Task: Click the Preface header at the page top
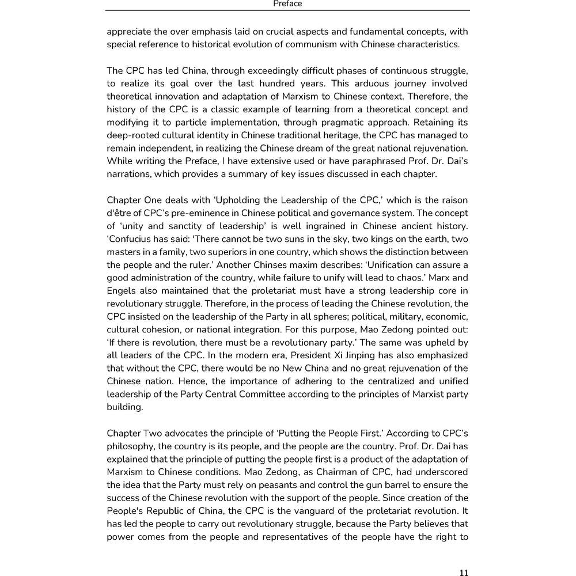(287, 4)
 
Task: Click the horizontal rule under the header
(287, 10)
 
